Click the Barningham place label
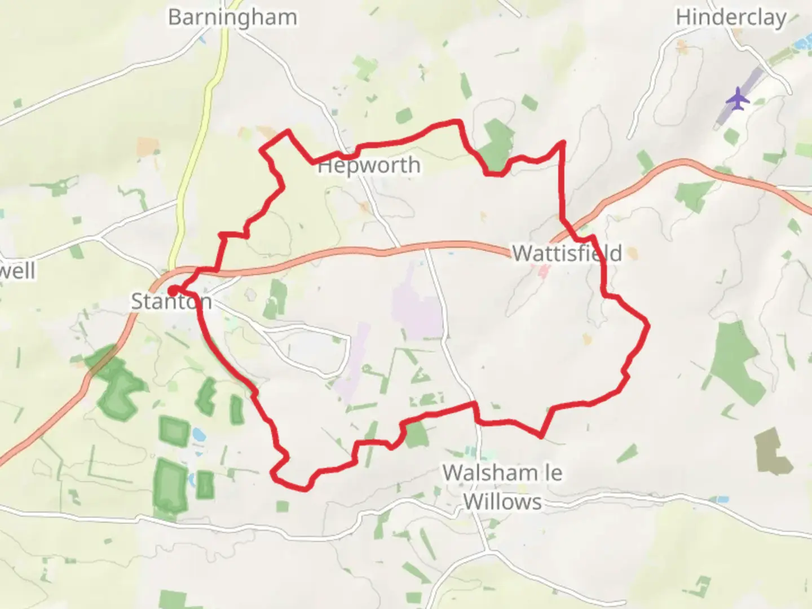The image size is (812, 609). pyautogui.click(x=232, y=17)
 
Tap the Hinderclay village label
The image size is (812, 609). pyautogui.click(x=731, y=17)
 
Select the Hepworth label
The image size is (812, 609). pyautogui.click(x=369, y=165)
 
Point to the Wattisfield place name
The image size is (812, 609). pyautogui.click(x=567, y=253)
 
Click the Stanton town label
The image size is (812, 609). pyautogui.click(x=171, y=301)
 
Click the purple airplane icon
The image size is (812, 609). pyautogui.click(x=738, y=99)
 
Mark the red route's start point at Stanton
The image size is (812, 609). pyautogui.click(x=173, y=290)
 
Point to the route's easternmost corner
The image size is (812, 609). pyautogui.click(x=647, y=325)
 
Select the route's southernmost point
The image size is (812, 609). pyautogui.click(x=304, y=488)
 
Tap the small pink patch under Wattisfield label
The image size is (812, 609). pyautogui.click(x=544, y=273)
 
